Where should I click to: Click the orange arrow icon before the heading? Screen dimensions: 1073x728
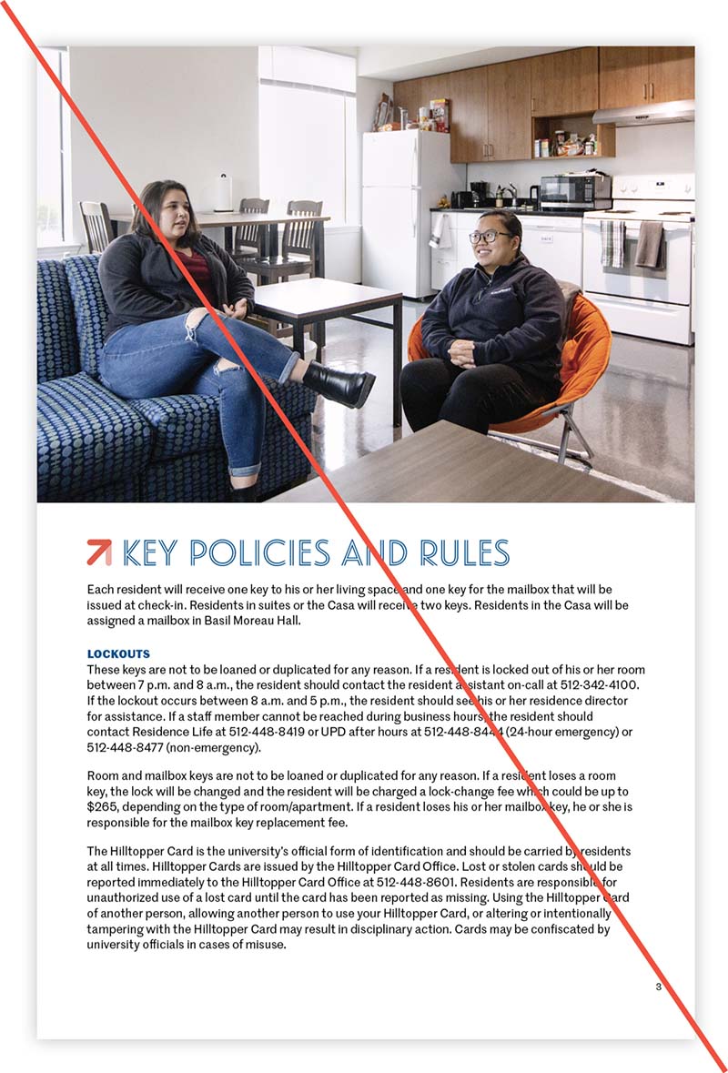point(98,552)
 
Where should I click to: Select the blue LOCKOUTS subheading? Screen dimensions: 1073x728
point(118,653)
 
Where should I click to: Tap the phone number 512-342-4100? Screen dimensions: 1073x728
point(602,683)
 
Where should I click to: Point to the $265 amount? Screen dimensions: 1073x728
point(103,807)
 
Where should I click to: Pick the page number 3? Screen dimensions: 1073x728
point(658,987)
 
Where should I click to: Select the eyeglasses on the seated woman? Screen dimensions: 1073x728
point(490,237)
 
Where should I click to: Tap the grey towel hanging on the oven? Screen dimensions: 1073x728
point(649,243)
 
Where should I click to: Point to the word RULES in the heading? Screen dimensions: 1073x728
point(464,552)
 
